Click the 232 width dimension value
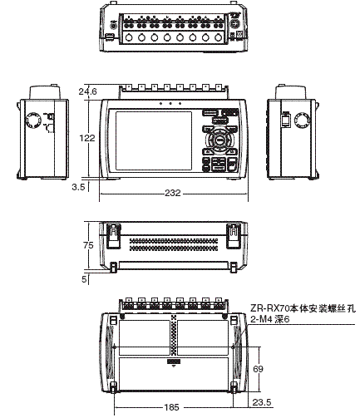point(173,193)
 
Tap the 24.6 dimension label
point(87,91)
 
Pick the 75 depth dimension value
point(89,245)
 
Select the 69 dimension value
point(258,366)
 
